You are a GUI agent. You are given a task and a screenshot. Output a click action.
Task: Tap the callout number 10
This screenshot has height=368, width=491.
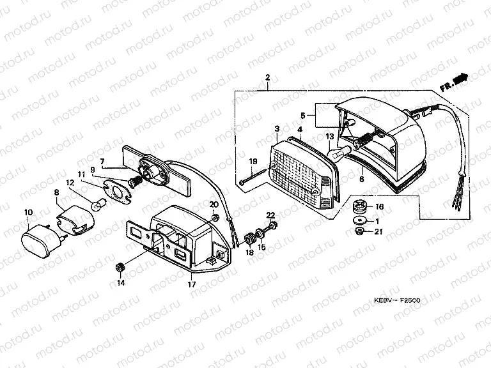click(28, 211)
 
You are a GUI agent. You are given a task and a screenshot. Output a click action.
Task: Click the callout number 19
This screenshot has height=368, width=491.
click(253, 161)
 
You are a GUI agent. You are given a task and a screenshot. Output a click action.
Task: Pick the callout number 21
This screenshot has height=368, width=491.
click(378, 231)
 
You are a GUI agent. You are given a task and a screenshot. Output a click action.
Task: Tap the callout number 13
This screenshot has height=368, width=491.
click(330, 137)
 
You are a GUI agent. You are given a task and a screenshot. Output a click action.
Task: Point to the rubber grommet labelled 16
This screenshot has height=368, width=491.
click(359, 207)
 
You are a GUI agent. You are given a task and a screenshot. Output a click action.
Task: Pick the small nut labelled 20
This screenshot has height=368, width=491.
click(215, 218)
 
